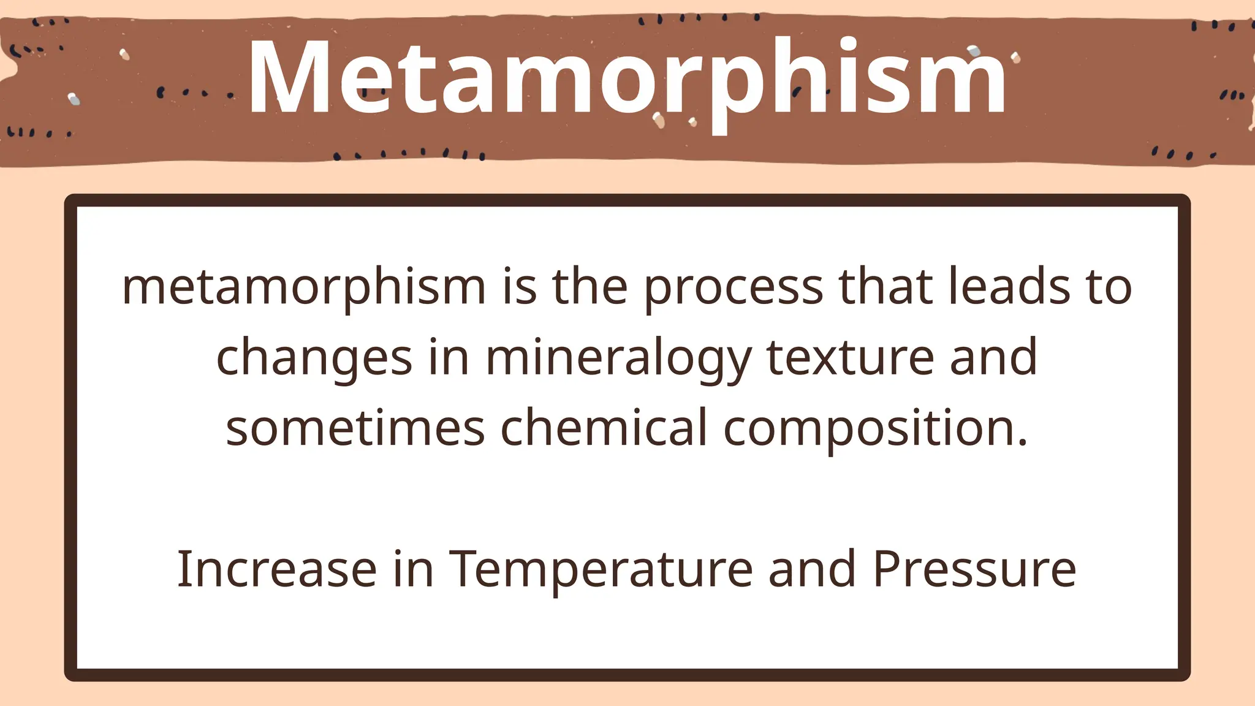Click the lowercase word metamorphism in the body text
click(x=304, y=287)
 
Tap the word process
click(x=733, y=287)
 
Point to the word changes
click(x=314, y=359)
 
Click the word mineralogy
click(x=618, y=359)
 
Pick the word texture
click(x=850, y=357)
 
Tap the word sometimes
click(x=355, y=428)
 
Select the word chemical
click(x=604, y=428)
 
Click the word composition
click(x=875, y=429)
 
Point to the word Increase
click(x=276, y=569)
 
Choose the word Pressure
click(x=974, y=569)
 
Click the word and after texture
click(x=993, y=357)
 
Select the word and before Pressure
click(x=812, y=569)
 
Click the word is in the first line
click(x=519, y=287)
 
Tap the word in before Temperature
click(x=413, y=569)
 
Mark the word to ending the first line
click(x=1110, y=287)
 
